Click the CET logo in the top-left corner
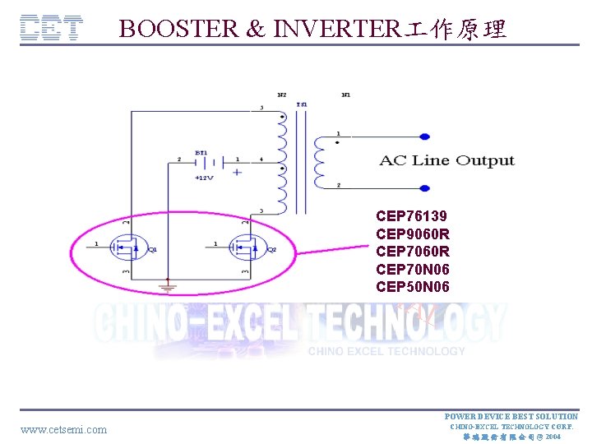(x=51, y=29)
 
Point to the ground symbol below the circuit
(x=168, y=287)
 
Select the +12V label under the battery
(x=204, y=177)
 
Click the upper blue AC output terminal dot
(x=424, y=136)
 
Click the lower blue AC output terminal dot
(x=424, y=188)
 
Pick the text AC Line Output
(x=446, y=160)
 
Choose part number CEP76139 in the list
(x=411, y=216)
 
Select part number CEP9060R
(x=413, y=234)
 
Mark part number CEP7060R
(x=413, y=252)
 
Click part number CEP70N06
(x=413, y=270)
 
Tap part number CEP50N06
(x=413, y=287)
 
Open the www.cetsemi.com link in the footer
(x=63, y=429)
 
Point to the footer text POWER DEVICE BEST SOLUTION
(x=511, y=417)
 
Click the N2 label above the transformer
(x=282, y=95)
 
